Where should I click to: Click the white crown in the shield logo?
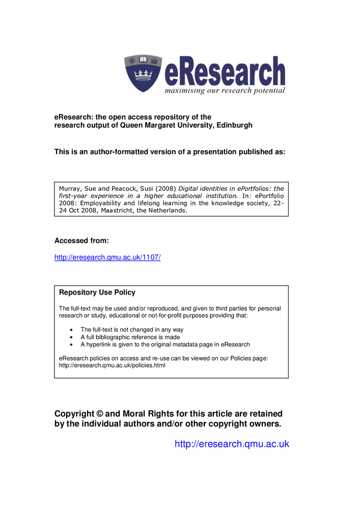(x=144, y=76)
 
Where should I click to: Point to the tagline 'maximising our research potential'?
(x=224, y=91)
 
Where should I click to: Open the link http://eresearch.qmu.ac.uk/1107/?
(x=107, y=258)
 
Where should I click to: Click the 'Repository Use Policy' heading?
(x=97, y=293)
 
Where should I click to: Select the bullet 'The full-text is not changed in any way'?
(x=132, y=330)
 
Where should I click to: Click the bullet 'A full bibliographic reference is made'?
(x=130, y=337)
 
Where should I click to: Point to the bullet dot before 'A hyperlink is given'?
(x=70, y=345)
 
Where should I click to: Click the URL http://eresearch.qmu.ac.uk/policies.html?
(x=112, y=365)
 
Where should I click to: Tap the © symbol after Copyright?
(x=100, y=414)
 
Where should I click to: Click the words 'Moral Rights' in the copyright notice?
(x=148, y=414)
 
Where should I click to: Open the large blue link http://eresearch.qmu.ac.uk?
(x=232, y=444)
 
